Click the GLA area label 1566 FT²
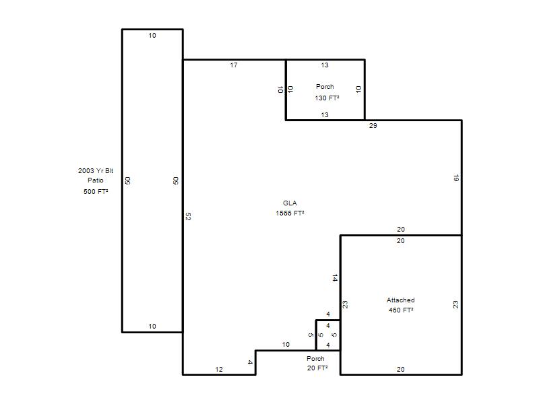click(x=290, y=213)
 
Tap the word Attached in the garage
click(x=400, y=300)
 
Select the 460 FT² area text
click(x=401, y=310)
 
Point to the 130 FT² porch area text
click(x=327, y=98)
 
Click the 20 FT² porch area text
click(x=317, y=368)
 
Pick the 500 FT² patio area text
click(x=96, y=191)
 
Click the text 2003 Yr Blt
click(x=96, y=171)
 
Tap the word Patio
click(x=96, y=180)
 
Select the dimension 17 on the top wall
click(x=234, y=65)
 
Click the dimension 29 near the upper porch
click(x=373, y=126)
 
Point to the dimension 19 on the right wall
click(x=456, y=178)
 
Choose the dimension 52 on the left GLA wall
click(x=188, y=216)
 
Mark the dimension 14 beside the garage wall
click(x=335, y=277)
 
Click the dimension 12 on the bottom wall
click(x=219, y=369)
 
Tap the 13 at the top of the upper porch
click(x=325, y=65)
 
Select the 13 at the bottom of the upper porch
click(x=325, y=114)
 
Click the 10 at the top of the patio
click(x=152, y=36)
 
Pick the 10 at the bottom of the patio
click(x=152, y=326)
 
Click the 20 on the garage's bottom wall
click(x=400, y=369)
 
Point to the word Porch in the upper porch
click(x=325, y=87)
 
